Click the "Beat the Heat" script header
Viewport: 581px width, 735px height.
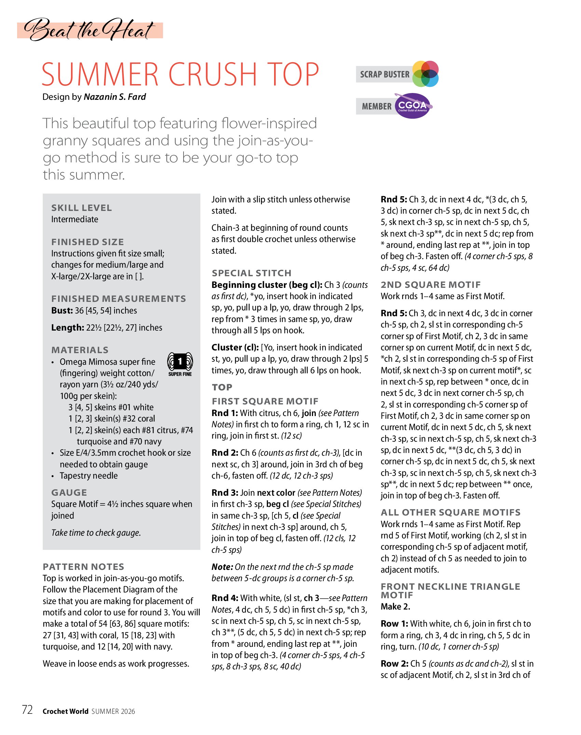90,30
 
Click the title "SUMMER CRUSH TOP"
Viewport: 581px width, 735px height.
180,74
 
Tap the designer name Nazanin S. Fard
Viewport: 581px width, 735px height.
115,97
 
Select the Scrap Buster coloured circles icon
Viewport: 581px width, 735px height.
425,74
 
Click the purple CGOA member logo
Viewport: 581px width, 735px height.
413,106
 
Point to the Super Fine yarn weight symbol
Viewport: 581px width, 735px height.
180,364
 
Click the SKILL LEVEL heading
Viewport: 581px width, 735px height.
81,208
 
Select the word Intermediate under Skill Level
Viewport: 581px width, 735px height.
75,219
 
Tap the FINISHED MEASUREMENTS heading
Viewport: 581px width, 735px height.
118,299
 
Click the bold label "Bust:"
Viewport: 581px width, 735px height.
62,310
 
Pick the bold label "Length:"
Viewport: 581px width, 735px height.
67,328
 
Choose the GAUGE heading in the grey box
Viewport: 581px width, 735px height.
69,493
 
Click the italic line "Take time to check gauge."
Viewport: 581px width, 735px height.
96,533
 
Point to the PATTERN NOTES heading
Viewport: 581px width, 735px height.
83,567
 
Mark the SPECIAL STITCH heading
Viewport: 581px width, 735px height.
252,273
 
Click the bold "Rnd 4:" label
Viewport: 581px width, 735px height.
225,598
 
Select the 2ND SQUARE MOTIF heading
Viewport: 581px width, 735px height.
431,285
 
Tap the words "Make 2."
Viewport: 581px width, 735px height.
395,607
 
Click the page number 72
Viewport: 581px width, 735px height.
27,710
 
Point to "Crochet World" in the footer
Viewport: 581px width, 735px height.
65,711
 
